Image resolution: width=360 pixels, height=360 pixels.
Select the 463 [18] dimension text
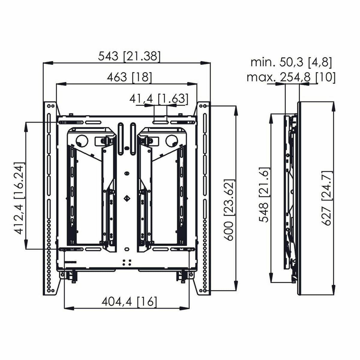pos(130,78)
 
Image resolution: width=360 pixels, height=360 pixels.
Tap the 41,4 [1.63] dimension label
pos(159,99)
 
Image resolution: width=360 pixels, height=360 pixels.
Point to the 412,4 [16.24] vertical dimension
pos(19,199)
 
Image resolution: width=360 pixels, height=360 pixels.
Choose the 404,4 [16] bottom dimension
pos(129,301)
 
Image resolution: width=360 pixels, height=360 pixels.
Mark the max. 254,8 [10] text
pos(291,77)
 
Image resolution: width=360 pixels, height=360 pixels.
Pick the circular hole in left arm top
pos(81,140)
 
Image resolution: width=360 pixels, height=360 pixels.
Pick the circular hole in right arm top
pos(171,140)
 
